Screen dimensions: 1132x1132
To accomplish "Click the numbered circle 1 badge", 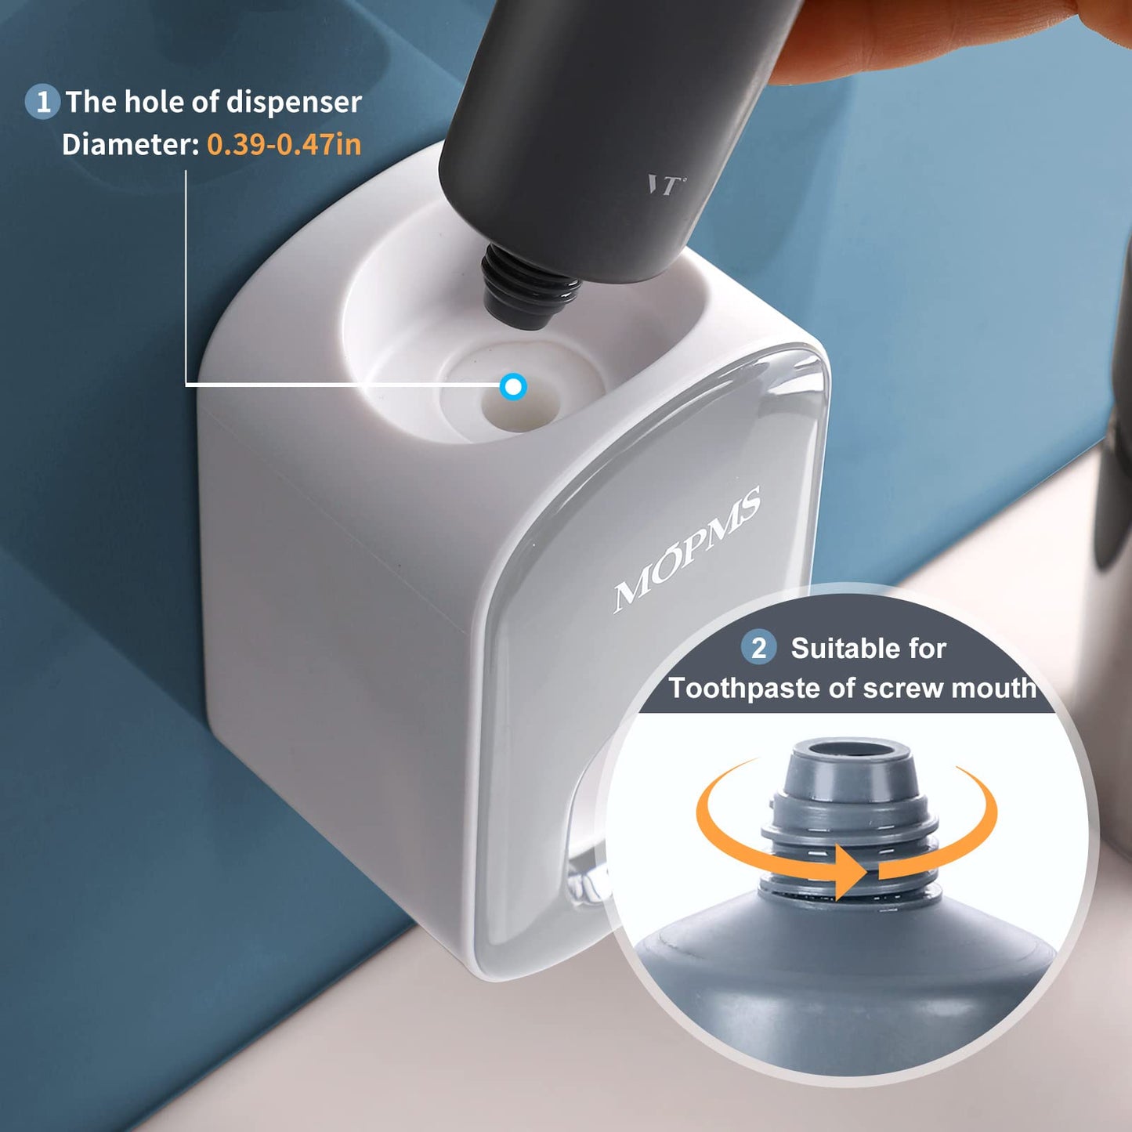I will pos(43,102).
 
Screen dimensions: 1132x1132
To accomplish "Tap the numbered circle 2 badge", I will pos(758,648).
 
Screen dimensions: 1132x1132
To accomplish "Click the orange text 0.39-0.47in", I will pos(284,144).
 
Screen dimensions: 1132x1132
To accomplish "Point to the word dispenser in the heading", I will pos(294,102).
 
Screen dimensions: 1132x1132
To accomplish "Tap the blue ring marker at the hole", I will pos(513,386).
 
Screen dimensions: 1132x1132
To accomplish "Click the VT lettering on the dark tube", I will pos(664,185).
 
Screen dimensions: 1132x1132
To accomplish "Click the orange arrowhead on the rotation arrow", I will pos(849,872).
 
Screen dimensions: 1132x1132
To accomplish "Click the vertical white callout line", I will pos(186,274).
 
